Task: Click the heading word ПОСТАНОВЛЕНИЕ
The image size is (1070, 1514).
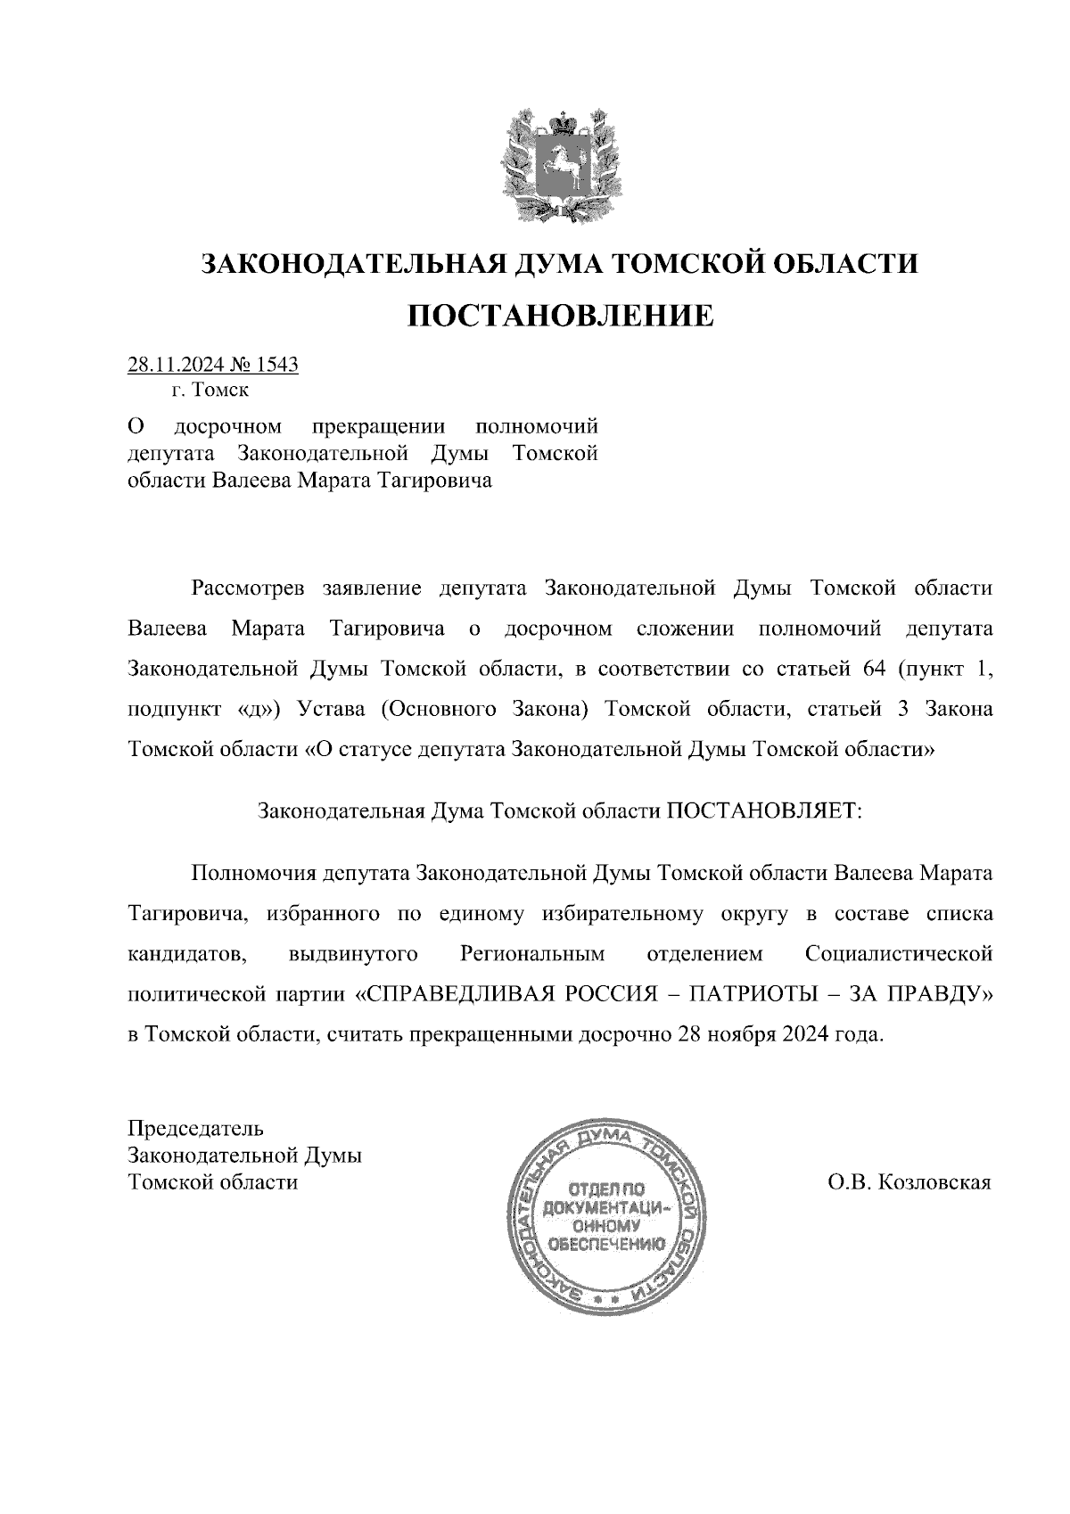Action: point(561,315)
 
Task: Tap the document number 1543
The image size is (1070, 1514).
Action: point(276,365)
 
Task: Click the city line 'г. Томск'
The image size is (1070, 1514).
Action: point(211,390)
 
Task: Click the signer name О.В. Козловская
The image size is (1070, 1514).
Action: point(909,1182)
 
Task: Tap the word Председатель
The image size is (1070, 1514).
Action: point(196,1127)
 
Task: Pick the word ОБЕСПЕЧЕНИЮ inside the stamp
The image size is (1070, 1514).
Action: point(606,1245)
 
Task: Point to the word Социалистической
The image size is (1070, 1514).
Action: point(898,954)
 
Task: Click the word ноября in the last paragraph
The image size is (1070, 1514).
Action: point(743,1035)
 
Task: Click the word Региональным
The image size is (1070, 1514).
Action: point(532,954)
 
